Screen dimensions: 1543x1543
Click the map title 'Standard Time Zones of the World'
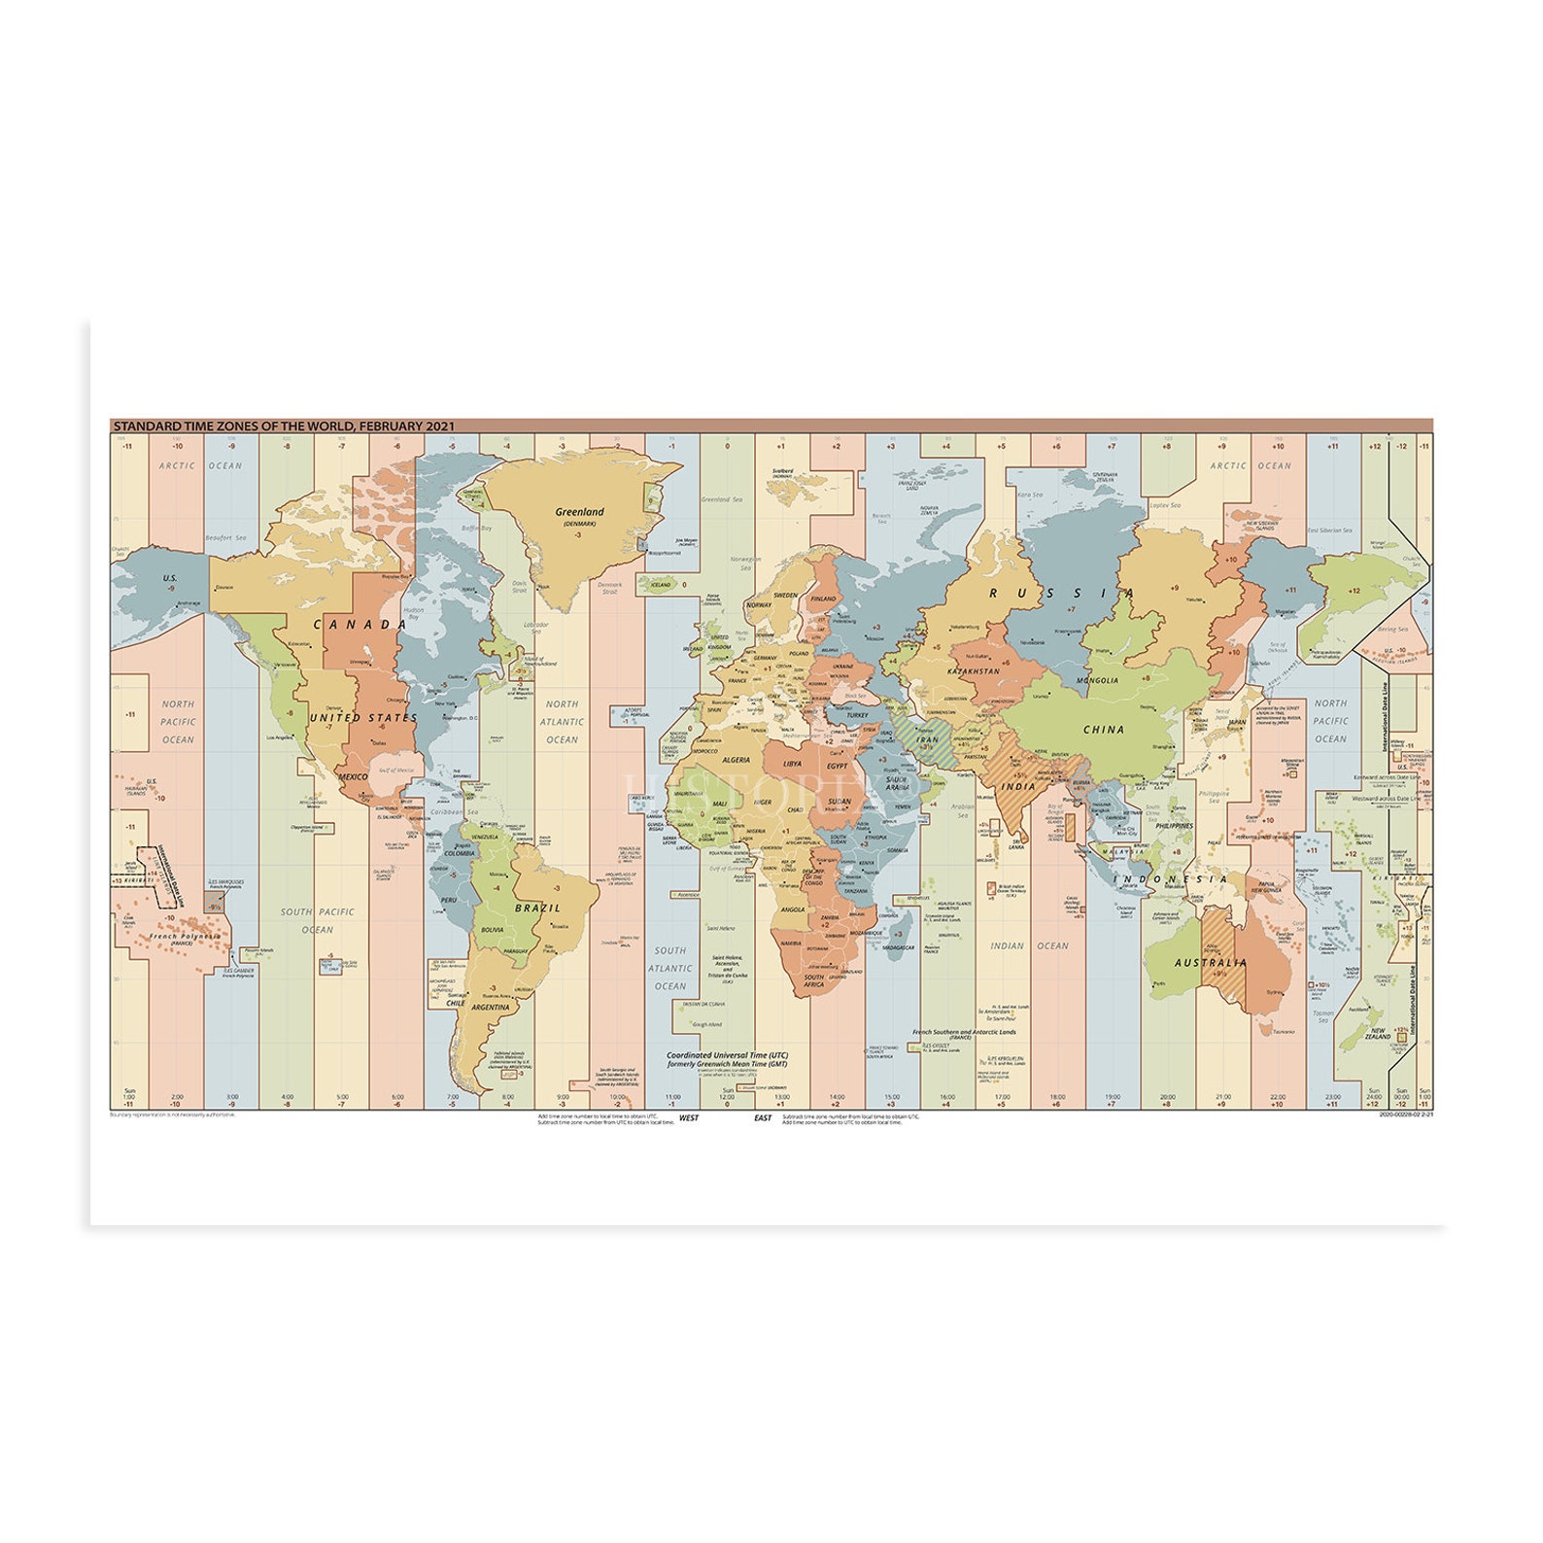[x=283, y=427]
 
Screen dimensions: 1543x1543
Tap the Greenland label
[x=579, y=512]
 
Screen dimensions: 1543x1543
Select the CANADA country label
[x=360, y=625]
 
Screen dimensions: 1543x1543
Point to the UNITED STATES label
[x=363, y=718]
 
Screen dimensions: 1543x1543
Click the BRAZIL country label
[x=537, y=908]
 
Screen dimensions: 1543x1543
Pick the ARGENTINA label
[x=491, y=1008]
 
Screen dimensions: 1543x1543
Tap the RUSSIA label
[x=1061, y=593]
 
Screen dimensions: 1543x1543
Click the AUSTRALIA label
[x=1211, y=963]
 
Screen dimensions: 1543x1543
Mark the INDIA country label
[x=1018, y=786]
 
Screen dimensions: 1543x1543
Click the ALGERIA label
[x=736, y=760]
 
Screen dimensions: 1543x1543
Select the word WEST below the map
[x=688, y=1118]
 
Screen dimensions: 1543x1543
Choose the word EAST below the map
[x=763, y=1118]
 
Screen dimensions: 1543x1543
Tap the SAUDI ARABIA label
[x=897, y=783]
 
